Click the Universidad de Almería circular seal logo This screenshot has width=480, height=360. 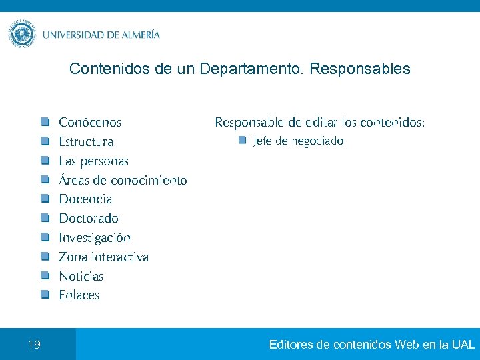23,34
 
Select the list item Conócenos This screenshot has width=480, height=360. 90,123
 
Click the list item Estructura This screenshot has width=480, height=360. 86,142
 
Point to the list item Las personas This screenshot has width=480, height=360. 94,161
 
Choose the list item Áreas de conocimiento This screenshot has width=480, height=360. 123,181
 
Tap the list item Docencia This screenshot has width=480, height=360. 85,199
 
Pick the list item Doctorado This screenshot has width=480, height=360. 89,219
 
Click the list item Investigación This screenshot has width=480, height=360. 95,238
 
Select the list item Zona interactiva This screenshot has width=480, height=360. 104,257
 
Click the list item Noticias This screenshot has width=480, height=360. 81,276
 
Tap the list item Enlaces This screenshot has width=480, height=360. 79,295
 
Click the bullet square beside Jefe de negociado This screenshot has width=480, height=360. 243,141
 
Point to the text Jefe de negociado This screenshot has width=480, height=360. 298,141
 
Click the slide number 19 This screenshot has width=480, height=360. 35,345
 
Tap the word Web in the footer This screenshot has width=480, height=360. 407,345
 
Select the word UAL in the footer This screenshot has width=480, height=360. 463,345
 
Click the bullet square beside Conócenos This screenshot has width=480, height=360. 44,122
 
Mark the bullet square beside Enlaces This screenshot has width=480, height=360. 44,295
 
